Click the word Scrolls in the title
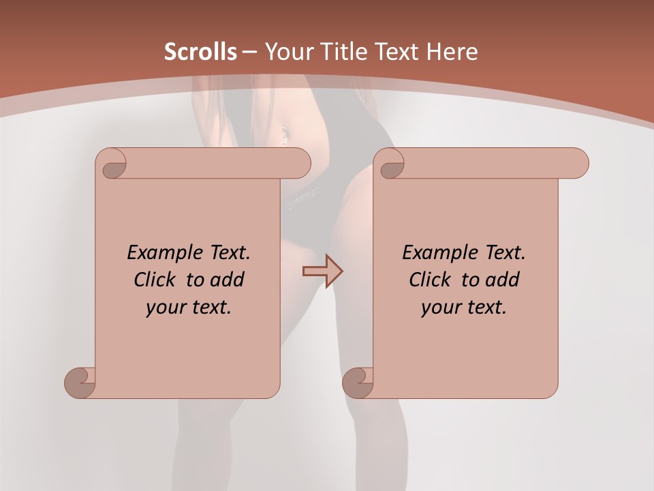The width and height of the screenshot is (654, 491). pyautogui.click(x=201, y=52)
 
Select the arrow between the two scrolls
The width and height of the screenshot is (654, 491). pyautogui.click(x=322, y=271)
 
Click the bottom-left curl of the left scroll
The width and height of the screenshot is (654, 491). pyautogui.click(x=80, y=383)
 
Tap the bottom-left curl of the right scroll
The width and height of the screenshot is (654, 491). pyautogui.click(x=358, y=383)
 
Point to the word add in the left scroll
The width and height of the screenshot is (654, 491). pyautogui.click(x=227, y=280)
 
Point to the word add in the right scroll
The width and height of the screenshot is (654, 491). pyautogui.click(x=502, y=280)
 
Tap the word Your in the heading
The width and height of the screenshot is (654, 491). pyautogui.click(x=288, y=52)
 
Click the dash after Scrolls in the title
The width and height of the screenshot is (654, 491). pyautogui.click(x=250, y=52)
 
